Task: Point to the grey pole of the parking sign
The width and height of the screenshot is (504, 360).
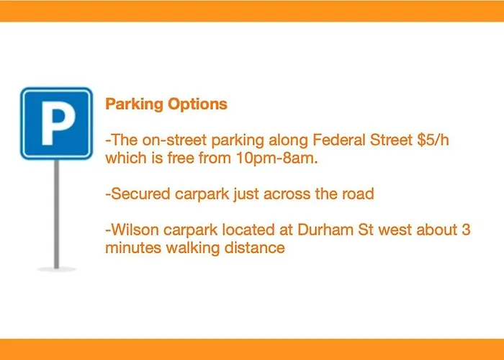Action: click(57, 214)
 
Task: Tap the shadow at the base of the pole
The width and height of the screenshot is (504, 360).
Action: click(57, 269)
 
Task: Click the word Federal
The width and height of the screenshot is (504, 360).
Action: click(339, 140)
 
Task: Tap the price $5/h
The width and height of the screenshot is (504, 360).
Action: click(433, 140)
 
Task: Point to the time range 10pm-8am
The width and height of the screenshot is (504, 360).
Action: click(276, 158)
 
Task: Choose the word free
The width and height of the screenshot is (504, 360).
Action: click(180, 158)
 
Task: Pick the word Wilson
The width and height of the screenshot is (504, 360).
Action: click(135, 230)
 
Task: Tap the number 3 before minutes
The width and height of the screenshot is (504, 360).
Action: click(466, 230)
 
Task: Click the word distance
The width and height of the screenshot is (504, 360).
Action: click(255, 248)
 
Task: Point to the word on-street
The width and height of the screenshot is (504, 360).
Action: click(174, 140)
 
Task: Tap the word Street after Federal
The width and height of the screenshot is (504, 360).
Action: click(391, 140)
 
